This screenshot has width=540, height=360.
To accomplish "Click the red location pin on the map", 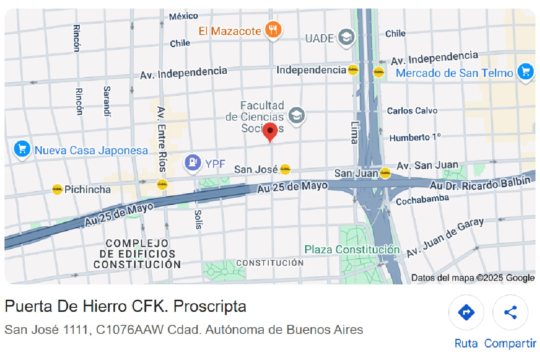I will coord(270,131).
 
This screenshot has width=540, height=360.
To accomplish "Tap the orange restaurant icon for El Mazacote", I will coord(273,31).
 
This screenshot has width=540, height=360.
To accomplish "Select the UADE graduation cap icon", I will coord(346,37).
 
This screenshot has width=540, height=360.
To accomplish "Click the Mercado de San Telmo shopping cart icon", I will coord(525,72).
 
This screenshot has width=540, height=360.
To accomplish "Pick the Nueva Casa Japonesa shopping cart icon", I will coord(22,150).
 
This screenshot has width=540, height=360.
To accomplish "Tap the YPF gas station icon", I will coord(193,162).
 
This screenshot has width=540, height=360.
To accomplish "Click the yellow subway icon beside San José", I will coord(285,170).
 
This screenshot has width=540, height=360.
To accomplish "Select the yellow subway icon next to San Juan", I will coord(385,173).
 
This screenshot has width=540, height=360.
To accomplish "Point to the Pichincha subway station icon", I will coord(57,189).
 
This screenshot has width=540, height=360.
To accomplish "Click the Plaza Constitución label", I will coord(352,249).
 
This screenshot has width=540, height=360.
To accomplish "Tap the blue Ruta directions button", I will coord(466,312).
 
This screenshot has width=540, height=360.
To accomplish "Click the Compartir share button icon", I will coord(510,312).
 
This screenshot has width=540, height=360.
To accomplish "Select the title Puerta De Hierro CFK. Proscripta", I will coord(126,306).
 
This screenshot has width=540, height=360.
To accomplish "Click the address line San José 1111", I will coord(184,330).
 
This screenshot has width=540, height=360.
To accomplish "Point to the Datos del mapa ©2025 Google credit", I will coord(473,278).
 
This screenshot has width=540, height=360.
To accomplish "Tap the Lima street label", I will coord(353,132).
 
